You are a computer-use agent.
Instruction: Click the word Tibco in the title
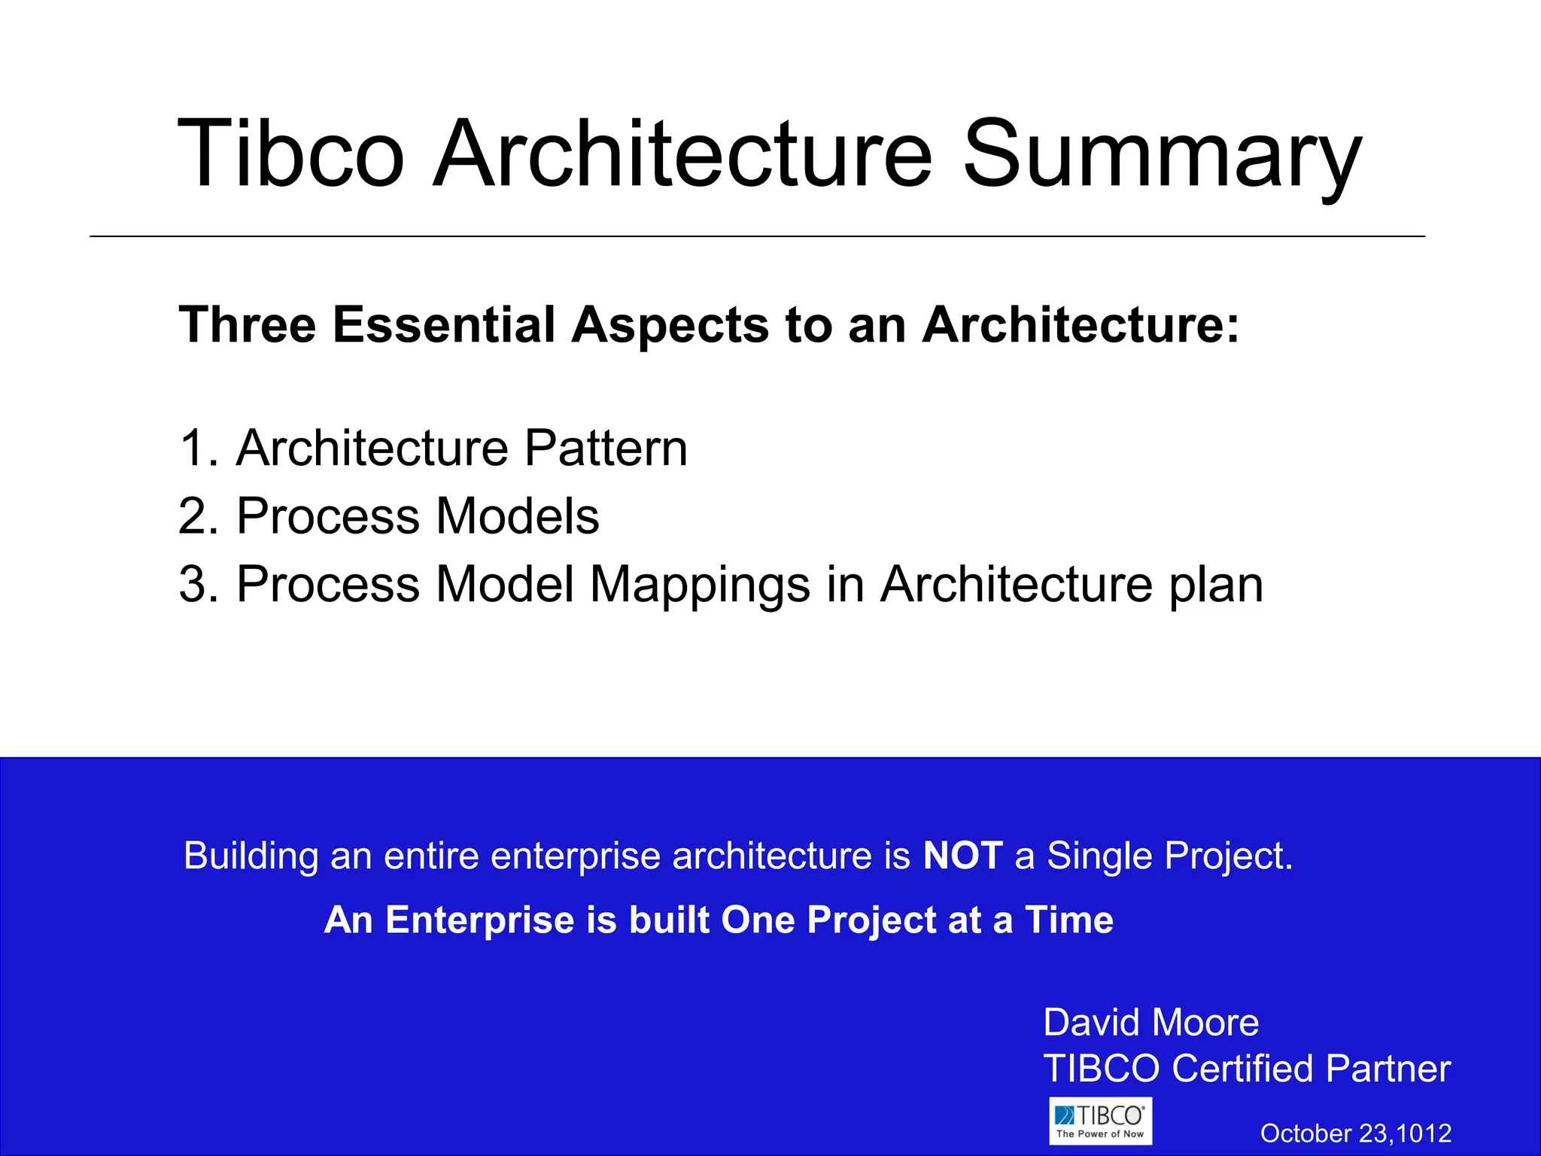tap(291, 154)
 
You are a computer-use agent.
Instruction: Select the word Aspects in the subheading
tap(670, 325)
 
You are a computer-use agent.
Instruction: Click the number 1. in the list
tap(199, 449)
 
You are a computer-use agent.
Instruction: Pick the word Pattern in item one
tap(605, 449)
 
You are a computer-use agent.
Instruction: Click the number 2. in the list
tap(199, 516)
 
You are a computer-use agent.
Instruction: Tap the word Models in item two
tap(518, 516)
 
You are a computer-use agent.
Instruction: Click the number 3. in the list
tap(199, 584)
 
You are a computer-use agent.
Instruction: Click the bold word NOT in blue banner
tap(962, 856)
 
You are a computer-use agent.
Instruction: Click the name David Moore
tap(1150, 1023)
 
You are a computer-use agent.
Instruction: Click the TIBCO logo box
tap(1100, 1121)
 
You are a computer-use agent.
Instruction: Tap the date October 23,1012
tap(1355, 1133)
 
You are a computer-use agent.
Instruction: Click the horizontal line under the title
tap(757, 236)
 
